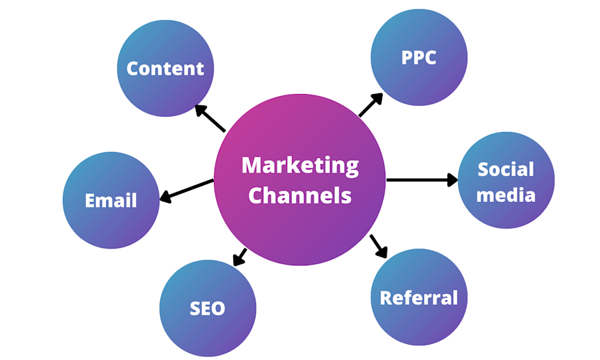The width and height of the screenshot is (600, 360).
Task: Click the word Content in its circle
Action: click(165, 69)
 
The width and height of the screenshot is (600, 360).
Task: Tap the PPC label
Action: click(419, 58)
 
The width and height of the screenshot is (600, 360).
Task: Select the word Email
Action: click(111, 201)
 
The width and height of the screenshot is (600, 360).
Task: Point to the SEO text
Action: click(207, 309)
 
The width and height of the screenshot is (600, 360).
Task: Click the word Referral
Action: click(419, 298)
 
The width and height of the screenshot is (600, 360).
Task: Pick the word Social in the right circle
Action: click(505, 169)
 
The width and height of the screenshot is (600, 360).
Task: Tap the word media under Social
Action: click(505, 195)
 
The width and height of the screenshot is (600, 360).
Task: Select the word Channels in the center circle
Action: click(299, 195)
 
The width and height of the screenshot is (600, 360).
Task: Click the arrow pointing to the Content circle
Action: click(210, 118)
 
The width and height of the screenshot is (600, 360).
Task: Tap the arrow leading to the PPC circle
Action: click(371, 105)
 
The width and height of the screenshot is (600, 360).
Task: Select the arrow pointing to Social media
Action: click(422, 180)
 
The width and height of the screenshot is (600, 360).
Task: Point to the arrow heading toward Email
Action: click(187, 191)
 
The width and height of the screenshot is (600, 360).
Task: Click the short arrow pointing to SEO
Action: click(240, 257)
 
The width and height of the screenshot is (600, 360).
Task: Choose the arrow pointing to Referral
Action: click(379, 247)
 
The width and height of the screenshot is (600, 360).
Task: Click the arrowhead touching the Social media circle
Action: click(453, 180)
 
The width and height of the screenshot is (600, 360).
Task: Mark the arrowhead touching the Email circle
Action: click(165, 197)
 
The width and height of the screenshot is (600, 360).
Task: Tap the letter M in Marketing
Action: click(252, 165)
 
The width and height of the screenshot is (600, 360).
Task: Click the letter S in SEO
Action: click(195, 309)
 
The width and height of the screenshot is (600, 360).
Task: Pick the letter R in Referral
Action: click(385, 298)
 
